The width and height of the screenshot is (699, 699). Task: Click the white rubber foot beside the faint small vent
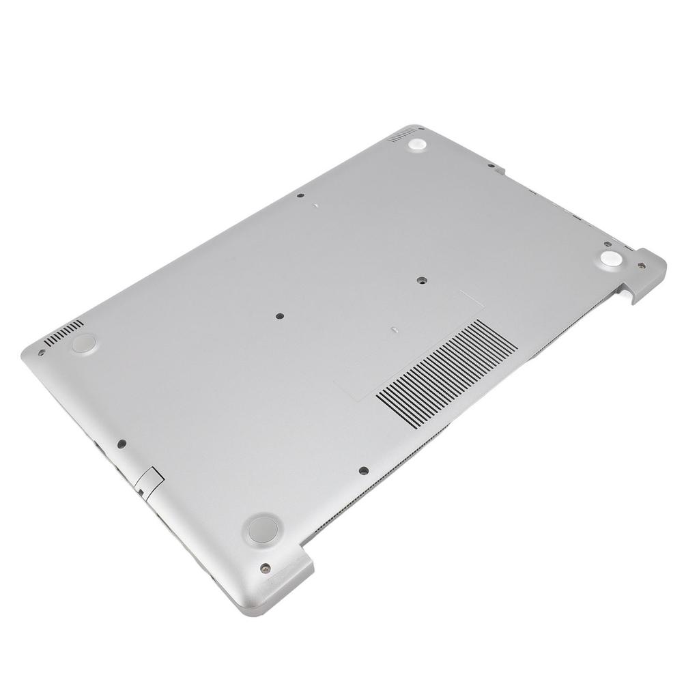coord(417,145)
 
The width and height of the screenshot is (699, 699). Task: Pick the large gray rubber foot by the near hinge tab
coord(263,529)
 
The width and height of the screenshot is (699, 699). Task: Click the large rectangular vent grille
coord(447,373)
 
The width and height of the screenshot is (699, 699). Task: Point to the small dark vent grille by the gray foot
coord(63,332)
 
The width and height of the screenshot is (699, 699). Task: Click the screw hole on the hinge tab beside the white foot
coord(641,266)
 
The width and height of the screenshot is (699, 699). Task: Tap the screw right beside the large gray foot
coord(266,567)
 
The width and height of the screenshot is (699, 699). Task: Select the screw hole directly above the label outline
coord(421,281)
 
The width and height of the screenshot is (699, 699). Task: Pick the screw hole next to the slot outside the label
coord(300,196)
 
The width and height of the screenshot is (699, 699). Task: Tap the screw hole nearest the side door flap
coord(122,444)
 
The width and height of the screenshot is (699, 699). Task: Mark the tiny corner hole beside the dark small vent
coord(42,353)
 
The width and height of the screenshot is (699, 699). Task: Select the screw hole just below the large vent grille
coord(364,470)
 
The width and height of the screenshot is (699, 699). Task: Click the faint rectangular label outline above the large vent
coord(410,341)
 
